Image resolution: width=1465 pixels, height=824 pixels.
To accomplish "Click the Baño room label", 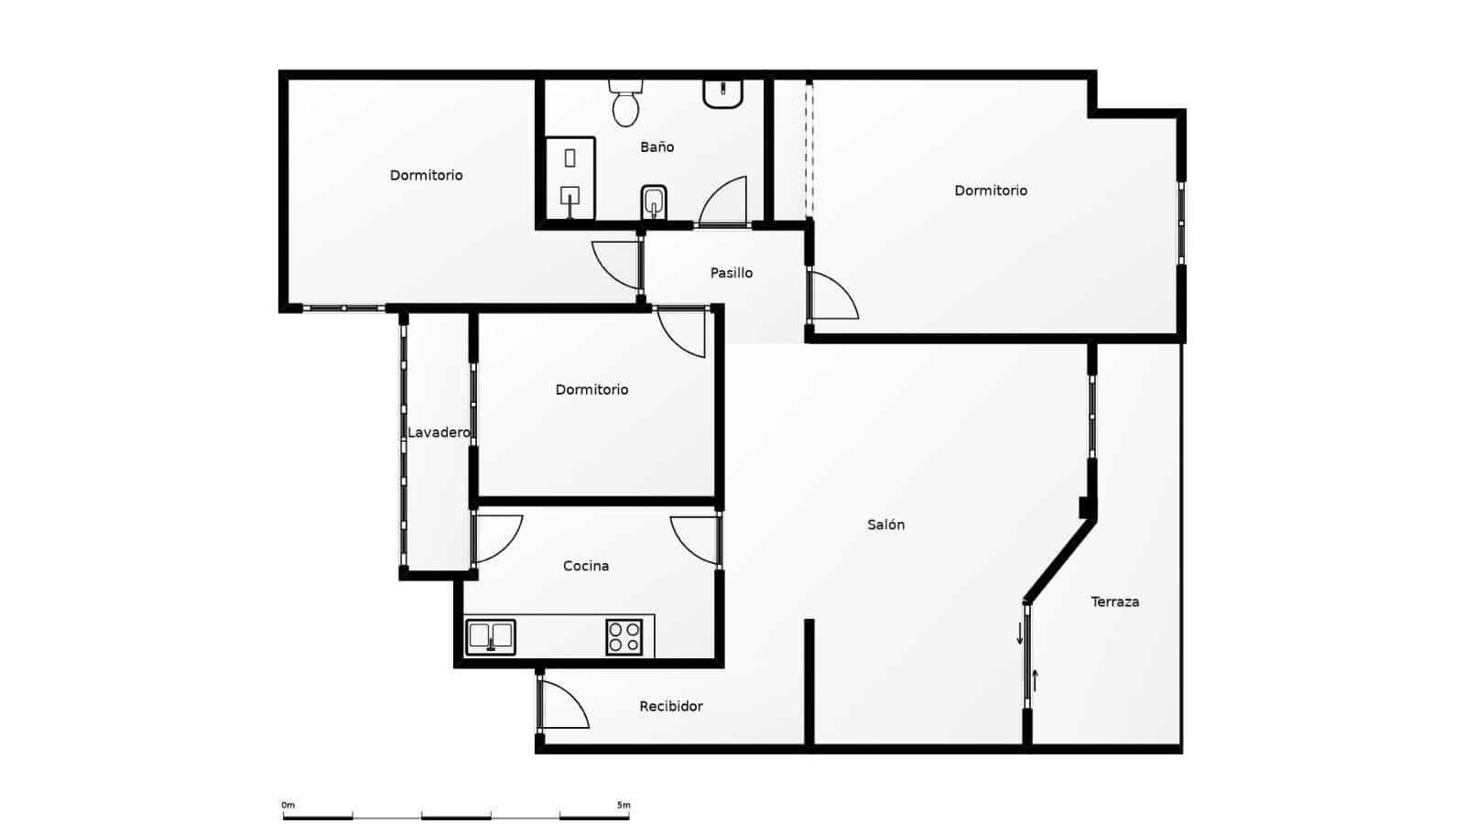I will [657, 146].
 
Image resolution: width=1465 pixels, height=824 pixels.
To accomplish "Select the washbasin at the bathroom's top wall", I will [722, 92].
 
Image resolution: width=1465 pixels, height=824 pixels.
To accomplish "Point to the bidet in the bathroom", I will [653, 201].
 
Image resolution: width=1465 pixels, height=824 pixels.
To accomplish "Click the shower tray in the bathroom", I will [570, 179].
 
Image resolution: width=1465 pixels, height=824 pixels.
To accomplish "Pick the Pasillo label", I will [731, 273].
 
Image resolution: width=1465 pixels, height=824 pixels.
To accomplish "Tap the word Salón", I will [885, 525].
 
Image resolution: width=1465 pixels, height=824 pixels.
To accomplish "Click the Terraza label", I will [1114, 602].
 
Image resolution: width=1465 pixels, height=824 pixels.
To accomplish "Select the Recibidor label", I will [671, 706].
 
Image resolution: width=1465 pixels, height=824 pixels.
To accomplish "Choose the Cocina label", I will [585, 566].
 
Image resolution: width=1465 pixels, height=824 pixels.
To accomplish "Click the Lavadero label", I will [439, 432].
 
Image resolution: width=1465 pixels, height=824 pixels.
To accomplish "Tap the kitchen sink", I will [491, 636].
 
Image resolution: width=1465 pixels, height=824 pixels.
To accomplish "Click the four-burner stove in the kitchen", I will [624, 636].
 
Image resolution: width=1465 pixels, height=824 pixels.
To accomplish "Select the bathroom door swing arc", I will [724, 201].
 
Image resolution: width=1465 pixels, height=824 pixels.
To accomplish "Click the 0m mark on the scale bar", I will [288, 806].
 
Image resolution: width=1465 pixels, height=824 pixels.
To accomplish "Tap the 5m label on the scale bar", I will [624, 806].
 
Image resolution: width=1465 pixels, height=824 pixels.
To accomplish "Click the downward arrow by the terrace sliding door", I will [1019, 634].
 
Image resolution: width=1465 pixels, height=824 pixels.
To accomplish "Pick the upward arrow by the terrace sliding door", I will [1036, 680].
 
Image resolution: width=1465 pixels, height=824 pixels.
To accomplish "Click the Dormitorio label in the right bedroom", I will [991, 190].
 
